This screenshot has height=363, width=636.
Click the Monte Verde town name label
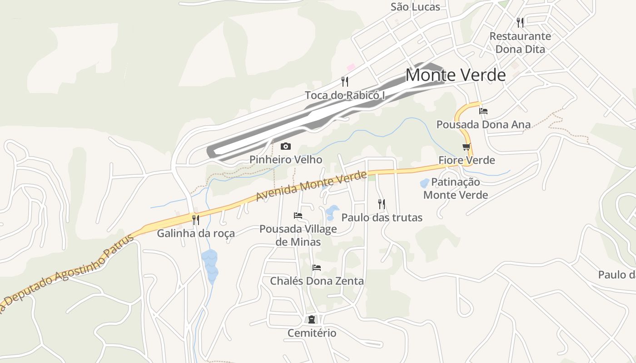tap(455, 75)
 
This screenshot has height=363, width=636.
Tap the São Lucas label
tap(415, 7)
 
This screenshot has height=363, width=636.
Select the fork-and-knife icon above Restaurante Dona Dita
tap(520, 22)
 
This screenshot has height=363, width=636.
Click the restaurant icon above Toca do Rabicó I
tap(345, 82)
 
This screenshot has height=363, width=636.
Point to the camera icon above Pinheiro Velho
tap(285, 146)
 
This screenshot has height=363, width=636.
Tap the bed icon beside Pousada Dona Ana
tap(483, 111)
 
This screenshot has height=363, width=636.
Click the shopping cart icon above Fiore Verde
tap(467, 147)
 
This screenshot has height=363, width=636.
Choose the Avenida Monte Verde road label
tap(311, 186)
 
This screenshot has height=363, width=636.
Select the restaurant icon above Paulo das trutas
tap(382, 204)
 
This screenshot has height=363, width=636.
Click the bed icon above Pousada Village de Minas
tap(298, 215)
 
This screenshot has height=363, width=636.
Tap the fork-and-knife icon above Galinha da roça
tap(196, 220)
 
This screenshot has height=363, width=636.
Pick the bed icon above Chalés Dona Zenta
tap(317, 267)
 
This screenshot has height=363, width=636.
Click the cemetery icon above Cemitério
tap(312, 319)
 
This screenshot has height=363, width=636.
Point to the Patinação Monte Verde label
tap(456, 188)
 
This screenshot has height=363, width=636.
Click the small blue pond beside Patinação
tap(425, 183)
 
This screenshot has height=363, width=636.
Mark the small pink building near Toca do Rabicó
tap(351, 67)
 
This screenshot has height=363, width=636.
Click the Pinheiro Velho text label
tap(286, 160)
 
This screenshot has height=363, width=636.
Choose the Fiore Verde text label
tap(467, 160)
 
